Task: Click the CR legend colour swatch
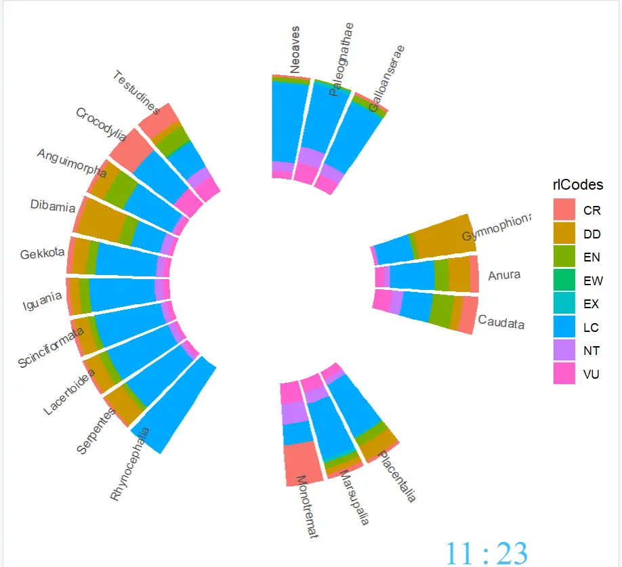564,209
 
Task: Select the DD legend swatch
564,233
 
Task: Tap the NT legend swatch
564,350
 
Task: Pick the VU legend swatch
564,373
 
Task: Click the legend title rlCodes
577,185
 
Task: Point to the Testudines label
136,92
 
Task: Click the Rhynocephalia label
129,464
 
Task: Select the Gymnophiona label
497,227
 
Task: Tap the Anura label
504,275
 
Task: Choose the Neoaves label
295,50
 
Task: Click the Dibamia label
53,206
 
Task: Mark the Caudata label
501,322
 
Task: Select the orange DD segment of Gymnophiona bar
444,236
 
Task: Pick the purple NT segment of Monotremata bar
294,413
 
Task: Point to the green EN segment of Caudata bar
441,310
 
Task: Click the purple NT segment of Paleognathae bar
310,156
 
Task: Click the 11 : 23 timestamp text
486,553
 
